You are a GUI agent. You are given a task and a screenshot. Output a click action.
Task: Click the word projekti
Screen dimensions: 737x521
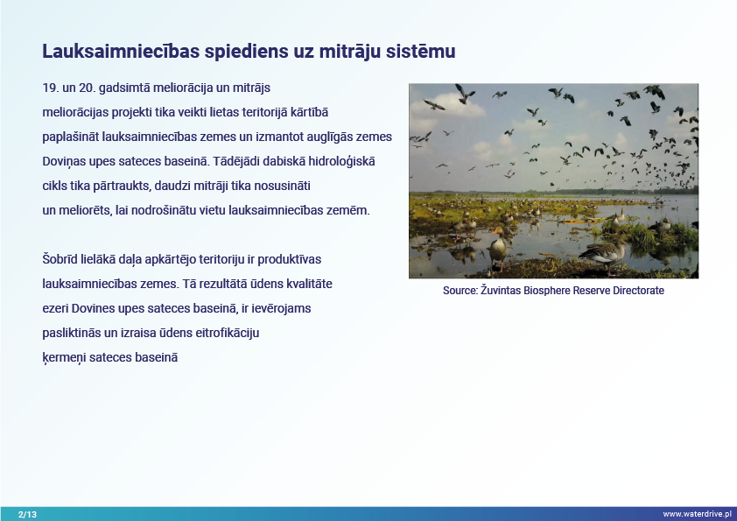[x=131, y=113]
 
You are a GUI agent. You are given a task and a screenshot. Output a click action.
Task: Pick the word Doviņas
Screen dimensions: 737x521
[x=64, y=162]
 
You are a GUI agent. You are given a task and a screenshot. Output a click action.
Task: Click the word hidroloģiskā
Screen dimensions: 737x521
[x=341, y=162]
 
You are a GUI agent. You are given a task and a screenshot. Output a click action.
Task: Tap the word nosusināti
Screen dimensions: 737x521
[x=282, y=186]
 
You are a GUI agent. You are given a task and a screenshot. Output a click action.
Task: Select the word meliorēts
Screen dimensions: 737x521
[x=85, y=210]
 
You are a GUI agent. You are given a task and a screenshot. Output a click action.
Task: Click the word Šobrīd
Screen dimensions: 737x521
[x=60, y=259]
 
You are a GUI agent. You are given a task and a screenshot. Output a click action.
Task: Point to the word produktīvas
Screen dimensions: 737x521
[x=290, y=259]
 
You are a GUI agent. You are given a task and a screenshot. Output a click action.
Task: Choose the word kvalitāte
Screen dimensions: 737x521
[x=308, y=284]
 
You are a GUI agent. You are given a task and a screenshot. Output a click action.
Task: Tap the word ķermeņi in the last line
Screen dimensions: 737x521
[x=64, y=358]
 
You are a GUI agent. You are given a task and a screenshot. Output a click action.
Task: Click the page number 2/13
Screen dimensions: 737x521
[x=27, y=514]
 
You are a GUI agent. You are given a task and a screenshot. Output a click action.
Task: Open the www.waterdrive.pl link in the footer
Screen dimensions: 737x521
[x=697, y=514]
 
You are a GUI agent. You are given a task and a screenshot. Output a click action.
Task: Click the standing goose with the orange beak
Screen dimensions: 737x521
[x=498, y=249]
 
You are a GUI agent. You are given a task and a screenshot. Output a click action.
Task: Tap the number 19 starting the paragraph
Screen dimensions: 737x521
[x=49, y=88]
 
